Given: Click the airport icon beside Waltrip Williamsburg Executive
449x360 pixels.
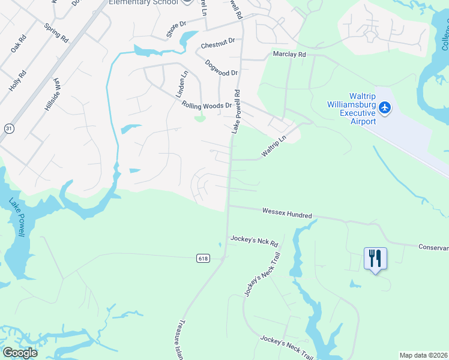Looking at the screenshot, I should point(385,108).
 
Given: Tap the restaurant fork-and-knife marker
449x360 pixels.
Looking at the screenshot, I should point(375,258).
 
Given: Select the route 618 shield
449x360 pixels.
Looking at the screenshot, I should point(203,258).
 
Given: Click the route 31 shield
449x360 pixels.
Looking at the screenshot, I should point(8,128).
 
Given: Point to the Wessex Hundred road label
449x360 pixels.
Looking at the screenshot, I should point(287,214).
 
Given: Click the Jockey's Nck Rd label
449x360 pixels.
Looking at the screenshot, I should point(255,241).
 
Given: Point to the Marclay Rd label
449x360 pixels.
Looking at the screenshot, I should point(289,54).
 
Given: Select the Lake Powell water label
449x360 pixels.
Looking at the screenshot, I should point(16,217).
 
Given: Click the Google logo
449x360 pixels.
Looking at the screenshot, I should point(20,353).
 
